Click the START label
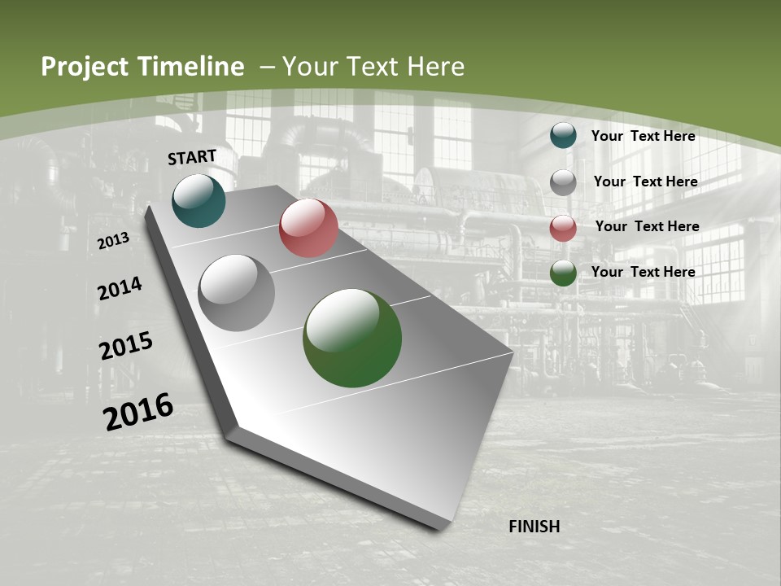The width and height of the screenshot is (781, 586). (x=192, y=157)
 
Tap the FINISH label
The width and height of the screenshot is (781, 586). (x=534, y=527)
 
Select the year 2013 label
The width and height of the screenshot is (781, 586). (x=113, y=241)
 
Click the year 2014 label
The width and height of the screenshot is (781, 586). (x=120, y=289)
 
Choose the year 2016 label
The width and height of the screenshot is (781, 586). (x=138, y=412)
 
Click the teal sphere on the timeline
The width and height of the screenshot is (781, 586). (x=199, y=201)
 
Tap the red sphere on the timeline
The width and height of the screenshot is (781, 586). (x=308, y=228)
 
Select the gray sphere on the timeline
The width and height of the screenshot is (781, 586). (x=237, y=293)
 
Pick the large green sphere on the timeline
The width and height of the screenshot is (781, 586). (x=352, y=338)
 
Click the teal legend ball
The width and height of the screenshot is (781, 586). (x=563, y=135)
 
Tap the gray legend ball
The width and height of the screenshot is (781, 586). (x=563, y=182)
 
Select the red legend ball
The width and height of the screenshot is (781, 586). (x=563, y=228)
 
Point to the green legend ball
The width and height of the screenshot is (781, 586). (x=563, y=273)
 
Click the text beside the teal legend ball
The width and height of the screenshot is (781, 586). (x=643, y=136)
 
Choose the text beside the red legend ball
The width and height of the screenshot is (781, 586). (x=647, y=226)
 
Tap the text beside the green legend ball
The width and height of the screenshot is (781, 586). (x=643, y=272)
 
